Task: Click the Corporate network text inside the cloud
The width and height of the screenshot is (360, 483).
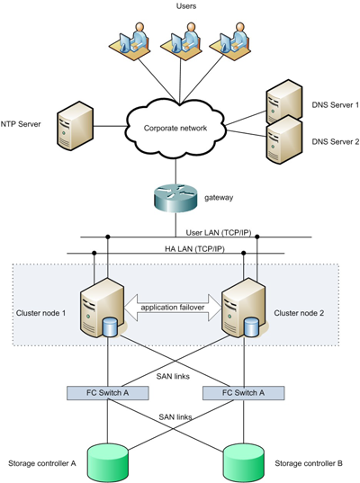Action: click(177, 129)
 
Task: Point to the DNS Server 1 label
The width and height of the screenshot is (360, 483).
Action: click(335, 105)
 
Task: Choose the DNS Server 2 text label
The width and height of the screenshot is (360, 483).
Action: click(335, 141)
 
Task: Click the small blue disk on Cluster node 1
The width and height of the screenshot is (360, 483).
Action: click(112, 326)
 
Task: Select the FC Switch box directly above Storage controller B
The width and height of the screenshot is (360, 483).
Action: click(244, 393)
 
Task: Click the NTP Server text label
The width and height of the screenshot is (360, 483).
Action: click(23, 124)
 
